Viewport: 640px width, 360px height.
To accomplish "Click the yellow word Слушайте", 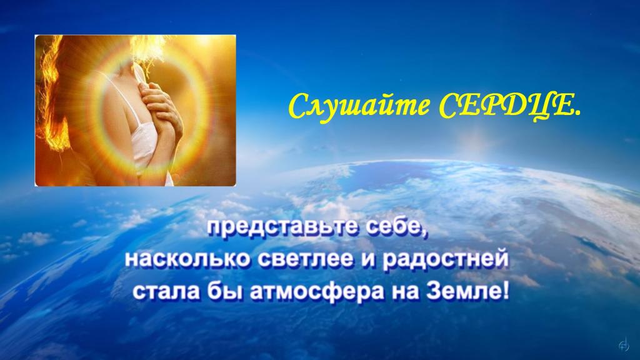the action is pyautogui.click(x=359, y=106).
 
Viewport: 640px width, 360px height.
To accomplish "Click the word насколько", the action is pyautogui.click(x=186, y=259).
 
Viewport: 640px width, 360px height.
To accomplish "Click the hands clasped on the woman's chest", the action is pyautogui.click(x=161, y=110).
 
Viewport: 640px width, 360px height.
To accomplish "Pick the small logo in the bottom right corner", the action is pyautogui.click(x=624, y=345).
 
